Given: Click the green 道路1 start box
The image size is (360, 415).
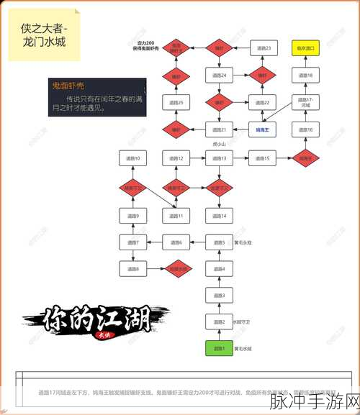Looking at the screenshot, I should pos(219,349).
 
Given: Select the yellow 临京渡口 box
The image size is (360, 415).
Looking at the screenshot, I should pos(305,48).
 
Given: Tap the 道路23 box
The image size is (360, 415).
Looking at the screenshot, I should pos(263,48).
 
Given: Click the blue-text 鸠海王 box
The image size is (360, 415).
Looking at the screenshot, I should pos(263,129).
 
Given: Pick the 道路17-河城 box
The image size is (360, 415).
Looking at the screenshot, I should pos(305,102).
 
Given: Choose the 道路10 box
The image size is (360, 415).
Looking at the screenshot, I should pos(133,158).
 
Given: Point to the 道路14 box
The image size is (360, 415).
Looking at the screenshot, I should pos(219,215).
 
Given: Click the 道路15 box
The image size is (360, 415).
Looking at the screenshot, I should pos(263,158).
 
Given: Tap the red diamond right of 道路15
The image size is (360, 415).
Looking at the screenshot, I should pos(305,158).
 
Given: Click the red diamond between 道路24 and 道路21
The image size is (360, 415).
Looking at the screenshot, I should pos(219,102).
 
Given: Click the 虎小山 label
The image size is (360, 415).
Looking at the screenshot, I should pos(220,144).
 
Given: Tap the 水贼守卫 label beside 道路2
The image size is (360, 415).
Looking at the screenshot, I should pos(243,321).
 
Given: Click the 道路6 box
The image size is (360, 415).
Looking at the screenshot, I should pos(176,242).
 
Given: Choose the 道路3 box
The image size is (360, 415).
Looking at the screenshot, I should pos(219,296).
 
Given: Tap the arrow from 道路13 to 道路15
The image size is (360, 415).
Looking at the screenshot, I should pos(240,158).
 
